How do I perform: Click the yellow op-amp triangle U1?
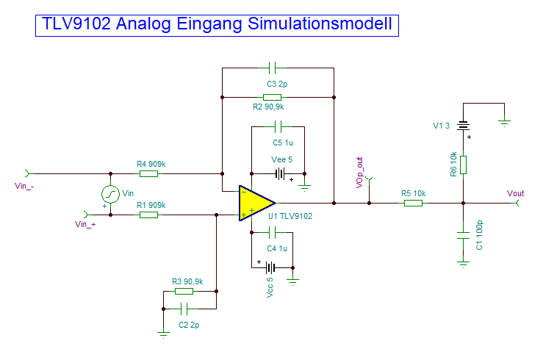click(x=253, y=203)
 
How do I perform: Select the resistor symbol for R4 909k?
click(x=148, y=174)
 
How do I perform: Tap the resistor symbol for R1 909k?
click(x=148, y=215)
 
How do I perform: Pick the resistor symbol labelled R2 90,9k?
click(x=272, y=97)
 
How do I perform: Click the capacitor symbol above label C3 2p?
click(x=272, y=68)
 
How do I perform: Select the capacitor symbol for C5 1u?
click(x=278, y=126)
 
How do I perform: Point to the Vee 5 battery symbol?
click(x=279, y=174)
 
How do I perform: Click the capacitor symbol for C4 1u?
click(x=271, y=233)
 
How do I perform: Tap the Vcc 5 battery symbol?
click(x=271, y=267)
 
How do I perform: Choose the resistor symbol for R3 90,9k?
click(x=184, y=292)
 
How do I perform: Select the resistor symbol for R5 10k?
click(x=413, y=203)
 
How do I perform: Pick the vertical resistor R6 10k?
click(x=463, y=165)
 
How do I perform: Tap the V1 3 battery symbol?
click(x=463, y=126)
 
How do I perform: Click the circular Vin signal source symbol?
click(x=110, y=195)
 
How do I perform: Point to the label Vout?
click(x=516, y=192)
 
